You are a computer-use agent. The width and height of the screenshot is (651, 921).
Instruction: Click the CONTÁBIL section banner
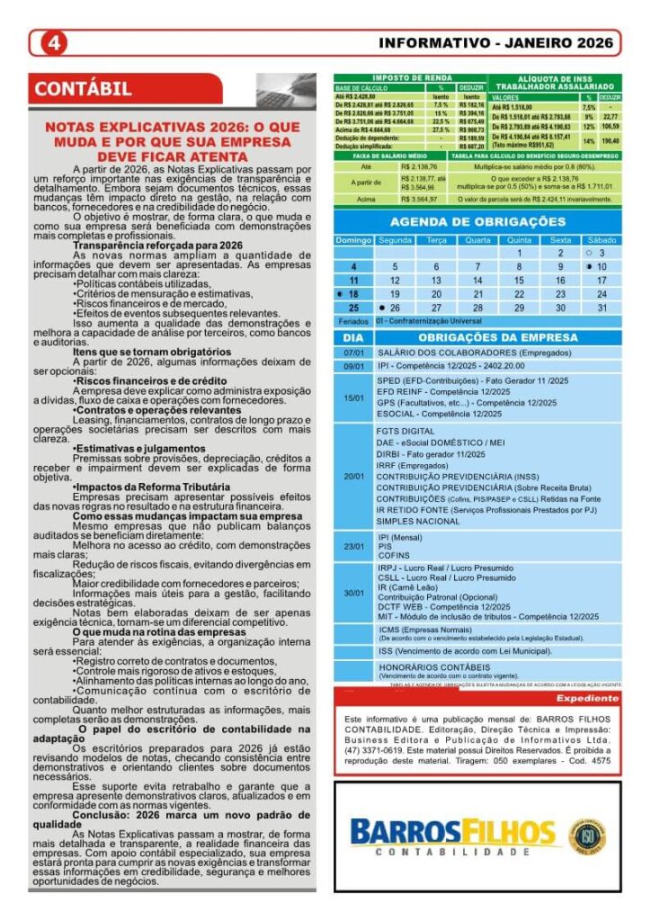click(x=84, y=89)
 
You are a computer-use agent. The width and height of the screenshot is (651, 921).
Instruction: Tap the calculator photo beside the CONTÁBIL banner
click(x=286, y=89)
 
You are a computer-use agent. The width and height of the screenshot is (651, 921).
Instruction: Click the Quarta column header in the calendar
click(x=478, y=240)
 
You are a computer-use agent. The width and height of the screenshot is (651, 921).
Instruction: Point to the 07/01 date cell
click(x=353, y=353)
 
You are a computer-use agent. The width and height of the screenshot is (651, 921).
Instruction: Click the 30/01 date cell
click(x=353, y=593)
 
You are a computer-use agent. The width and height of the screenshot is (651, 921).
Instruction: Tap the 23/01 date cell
click(x=353, y=545)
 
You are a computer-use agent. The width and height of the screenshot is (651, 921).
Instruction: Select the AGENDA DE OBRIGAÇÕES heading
click(x=477, y=222)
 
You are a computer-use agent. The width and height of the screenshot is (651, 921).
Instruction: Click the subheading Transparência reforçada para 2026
click(x=157, y=245)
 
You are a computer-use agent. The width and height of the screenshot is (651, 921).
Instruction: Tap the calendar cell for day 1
click(x=520, y=254)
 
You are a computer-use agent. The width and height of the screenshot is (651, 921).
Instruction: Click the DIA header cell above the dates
click(x=353, y=337)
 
